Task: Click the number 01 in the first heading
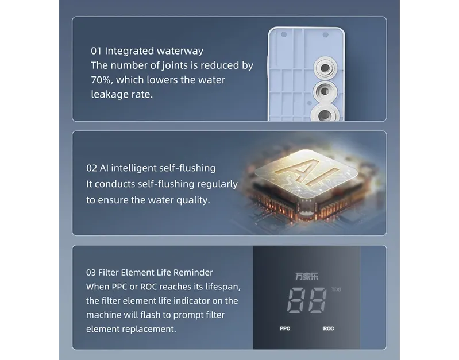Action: (96, 51)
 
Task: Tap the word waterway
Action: (180, 51)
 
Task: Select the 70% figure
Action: (102, 80)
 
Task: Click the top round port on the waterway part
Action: (325, 68)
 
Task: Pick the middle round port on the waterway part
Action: (325, 92)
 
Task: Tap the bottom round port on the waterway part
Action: (325, 114)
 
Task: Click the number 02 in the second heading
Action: (91, 168)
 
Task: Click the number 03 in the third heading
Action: (91, 273)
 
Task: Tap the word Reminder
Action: (193, 273)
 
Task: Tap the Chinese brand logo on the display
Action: (307, 277)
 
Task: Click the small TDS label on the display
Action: (336, 289)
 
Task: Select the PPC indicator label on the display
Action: (285, 328)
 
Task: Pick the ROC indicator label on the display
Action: (329, 328)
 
